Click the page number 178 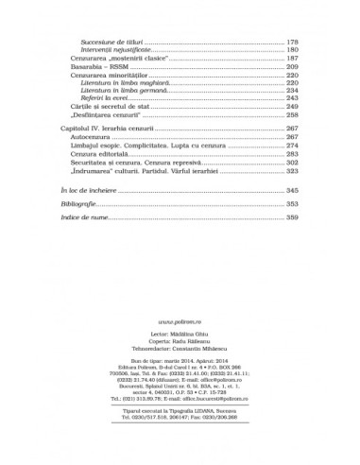pos(292,43)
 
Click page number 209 pos(292,69)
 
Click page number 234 pos(292,95)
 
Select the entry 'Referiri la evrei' pos(105,104)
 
